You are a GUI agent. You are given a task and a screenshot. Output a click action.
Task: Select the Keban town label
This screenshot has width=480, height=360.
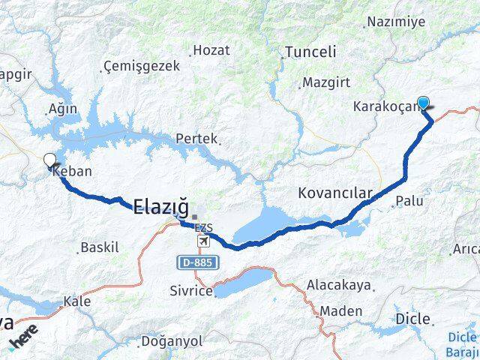(x=73, y=171)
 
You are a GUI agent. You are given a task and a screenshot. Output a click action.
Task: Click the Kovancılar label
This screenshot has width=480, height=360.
(x=335, y=193)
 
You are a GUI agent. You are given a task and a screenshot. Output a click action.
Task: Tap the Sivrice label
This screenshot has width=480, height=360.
(x=190, y=291)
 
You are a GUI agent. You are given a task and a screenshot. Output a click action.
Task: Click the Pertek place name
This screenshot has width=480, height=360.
(x=196, y=139)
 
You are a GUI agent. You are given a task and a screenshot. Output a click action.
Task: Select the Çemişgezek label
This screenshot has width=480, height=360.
(x=141, y=67)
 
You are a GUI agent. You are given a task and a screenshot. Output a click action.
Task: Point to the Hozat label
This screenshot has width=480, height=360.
(x=211, y=50)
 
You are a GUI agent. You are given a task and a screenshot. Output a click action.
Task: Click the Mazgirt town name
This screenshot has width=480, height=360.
(x=322, y=82)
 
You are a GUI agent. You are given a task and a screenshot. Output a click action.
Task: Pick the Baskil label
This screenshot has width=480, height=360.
(x=100, y=247)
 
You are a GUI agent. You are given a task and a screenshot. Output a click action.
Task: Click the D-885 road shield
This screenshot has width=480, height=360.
(x=193, y=262)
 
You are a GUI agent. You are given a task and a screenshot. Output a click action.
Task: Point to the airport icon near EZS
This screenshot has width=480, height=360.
(x=203, y=241)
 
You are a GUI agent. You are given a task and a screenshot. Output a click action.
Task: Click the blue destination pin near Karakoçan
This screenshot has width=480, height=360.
(x=424, y=104)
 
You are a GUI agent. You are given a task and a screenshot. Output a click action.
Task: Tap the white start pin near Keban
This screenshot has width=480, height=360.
(x=49, y=160)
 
